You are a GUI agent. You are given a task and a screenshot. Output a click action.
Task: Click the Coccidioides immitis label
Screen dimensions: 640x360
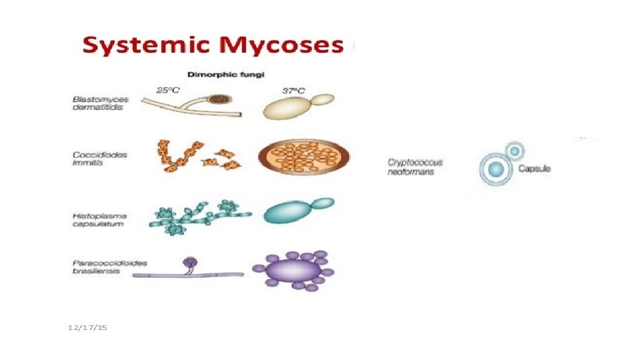(99, 159)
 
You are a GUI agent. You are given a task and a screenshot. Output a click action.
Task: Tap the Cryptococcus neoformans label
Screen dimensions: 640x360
(415, 166)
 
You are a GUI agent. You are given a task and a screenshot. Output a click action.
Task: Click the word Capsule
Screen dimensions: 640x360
(534, 169)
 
